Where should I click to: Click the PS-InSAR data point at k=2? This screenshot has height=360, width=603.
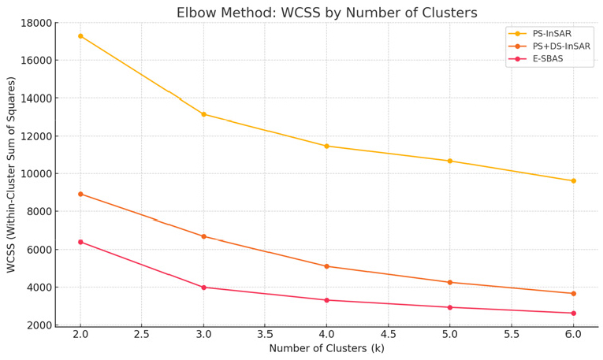tap(80, 36)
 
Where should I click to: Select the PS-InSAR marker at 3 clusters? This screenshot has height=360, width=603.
tap(203, 114)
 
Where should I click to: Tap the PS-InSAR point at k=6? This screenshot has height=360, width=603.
tap(573, 181)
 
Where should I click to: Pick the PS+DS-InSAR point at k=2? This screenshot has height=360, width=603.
tap(80, 194)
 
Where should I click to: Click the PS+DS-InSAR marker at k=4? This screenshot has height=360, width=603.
tap(326, 266)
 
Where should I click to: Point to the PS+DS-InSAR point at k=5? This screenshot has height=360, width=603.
tap(450, 282)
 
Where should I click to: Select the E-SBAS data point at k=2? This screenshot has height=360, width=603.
tap(80, 242)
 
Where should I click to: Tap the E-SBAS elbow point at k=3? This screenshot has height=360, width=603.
tap(203, 288)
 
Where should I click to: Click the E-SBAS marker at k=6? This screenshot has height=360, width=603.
tap(573, 314)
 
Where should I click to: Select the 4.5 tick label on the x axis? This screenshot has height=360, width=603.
tap(389, 335)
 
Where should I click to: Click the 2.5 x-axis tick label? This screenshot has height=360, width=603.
tap(142, 335)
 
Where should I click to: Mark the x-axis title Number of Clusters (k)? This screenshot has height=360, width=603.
tap(326, 349)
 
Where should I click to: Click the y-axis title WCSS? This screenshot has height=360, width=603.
tap(11, 174)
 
